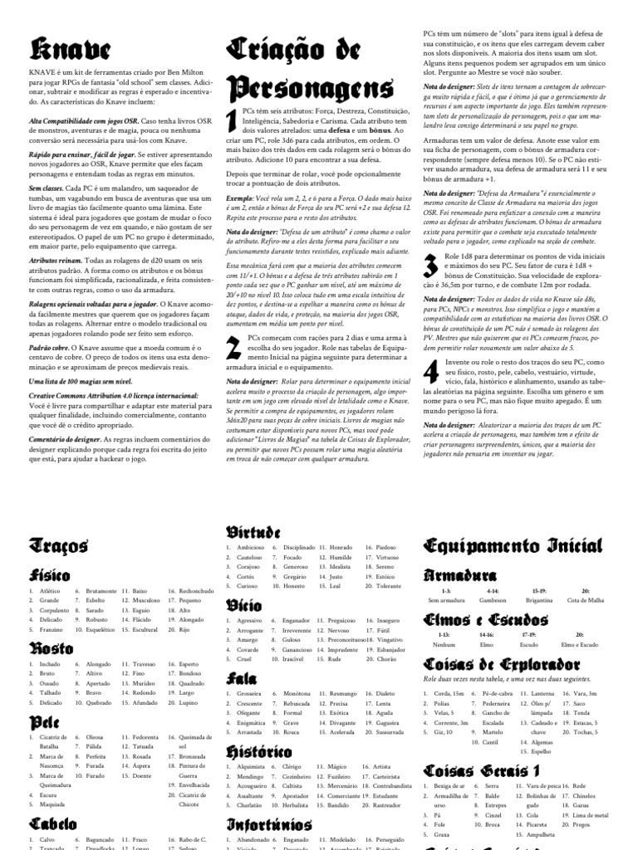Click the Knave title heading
[x=57, y=48]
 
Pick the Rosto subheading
[x=52, y=648]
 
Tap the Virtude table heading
[x=253, y=531]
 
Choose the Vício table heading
[x=244, y=605]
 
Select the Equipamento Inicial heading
[x=513, y=545]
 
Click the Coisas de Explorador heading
[x=513, y=664]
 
